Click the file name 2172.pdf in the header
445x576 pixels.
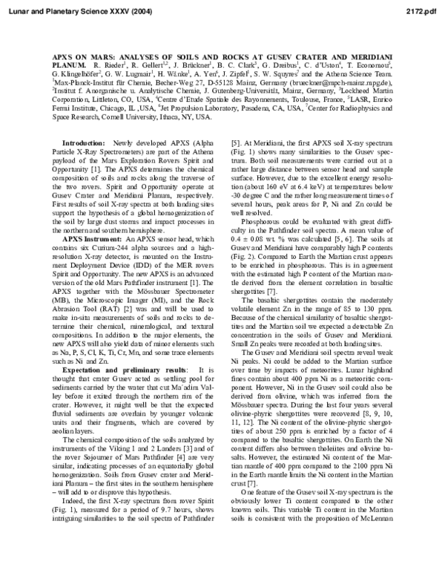click(x=426, y=8)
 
